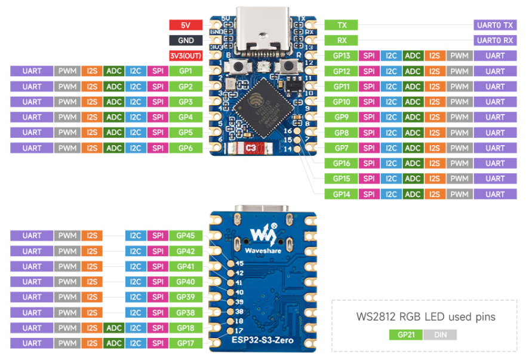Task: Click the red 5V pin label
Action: point(186,25)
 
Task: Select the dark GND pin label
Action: point(186,41)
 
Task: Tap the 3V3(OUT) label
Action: point(186,56)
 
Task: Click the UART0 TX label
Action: point(495,25)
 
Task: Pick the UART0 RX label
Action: point(495,41)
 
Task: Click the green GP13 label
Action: point(341,56)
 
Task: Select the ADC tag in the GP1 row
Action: point(113,71)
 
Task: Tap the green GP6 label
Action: point(186,148)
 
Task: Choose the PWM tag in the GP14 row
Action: point(459,194)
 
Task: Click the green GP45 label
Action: point(186,236)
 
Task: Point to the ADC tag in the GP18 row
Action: point(113,328)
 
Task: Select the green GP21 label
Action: point(406,335)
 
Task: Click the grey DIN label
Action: point(440,335)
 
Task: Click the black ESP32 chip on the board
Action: point(263,108)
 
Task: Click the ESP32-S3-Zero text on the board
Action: point(263,340)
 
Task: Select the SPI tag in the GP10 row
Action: point(369,102)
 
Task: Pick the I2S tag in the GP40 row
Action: point(92,282)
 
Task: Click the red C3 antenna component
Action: point(251,148)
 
